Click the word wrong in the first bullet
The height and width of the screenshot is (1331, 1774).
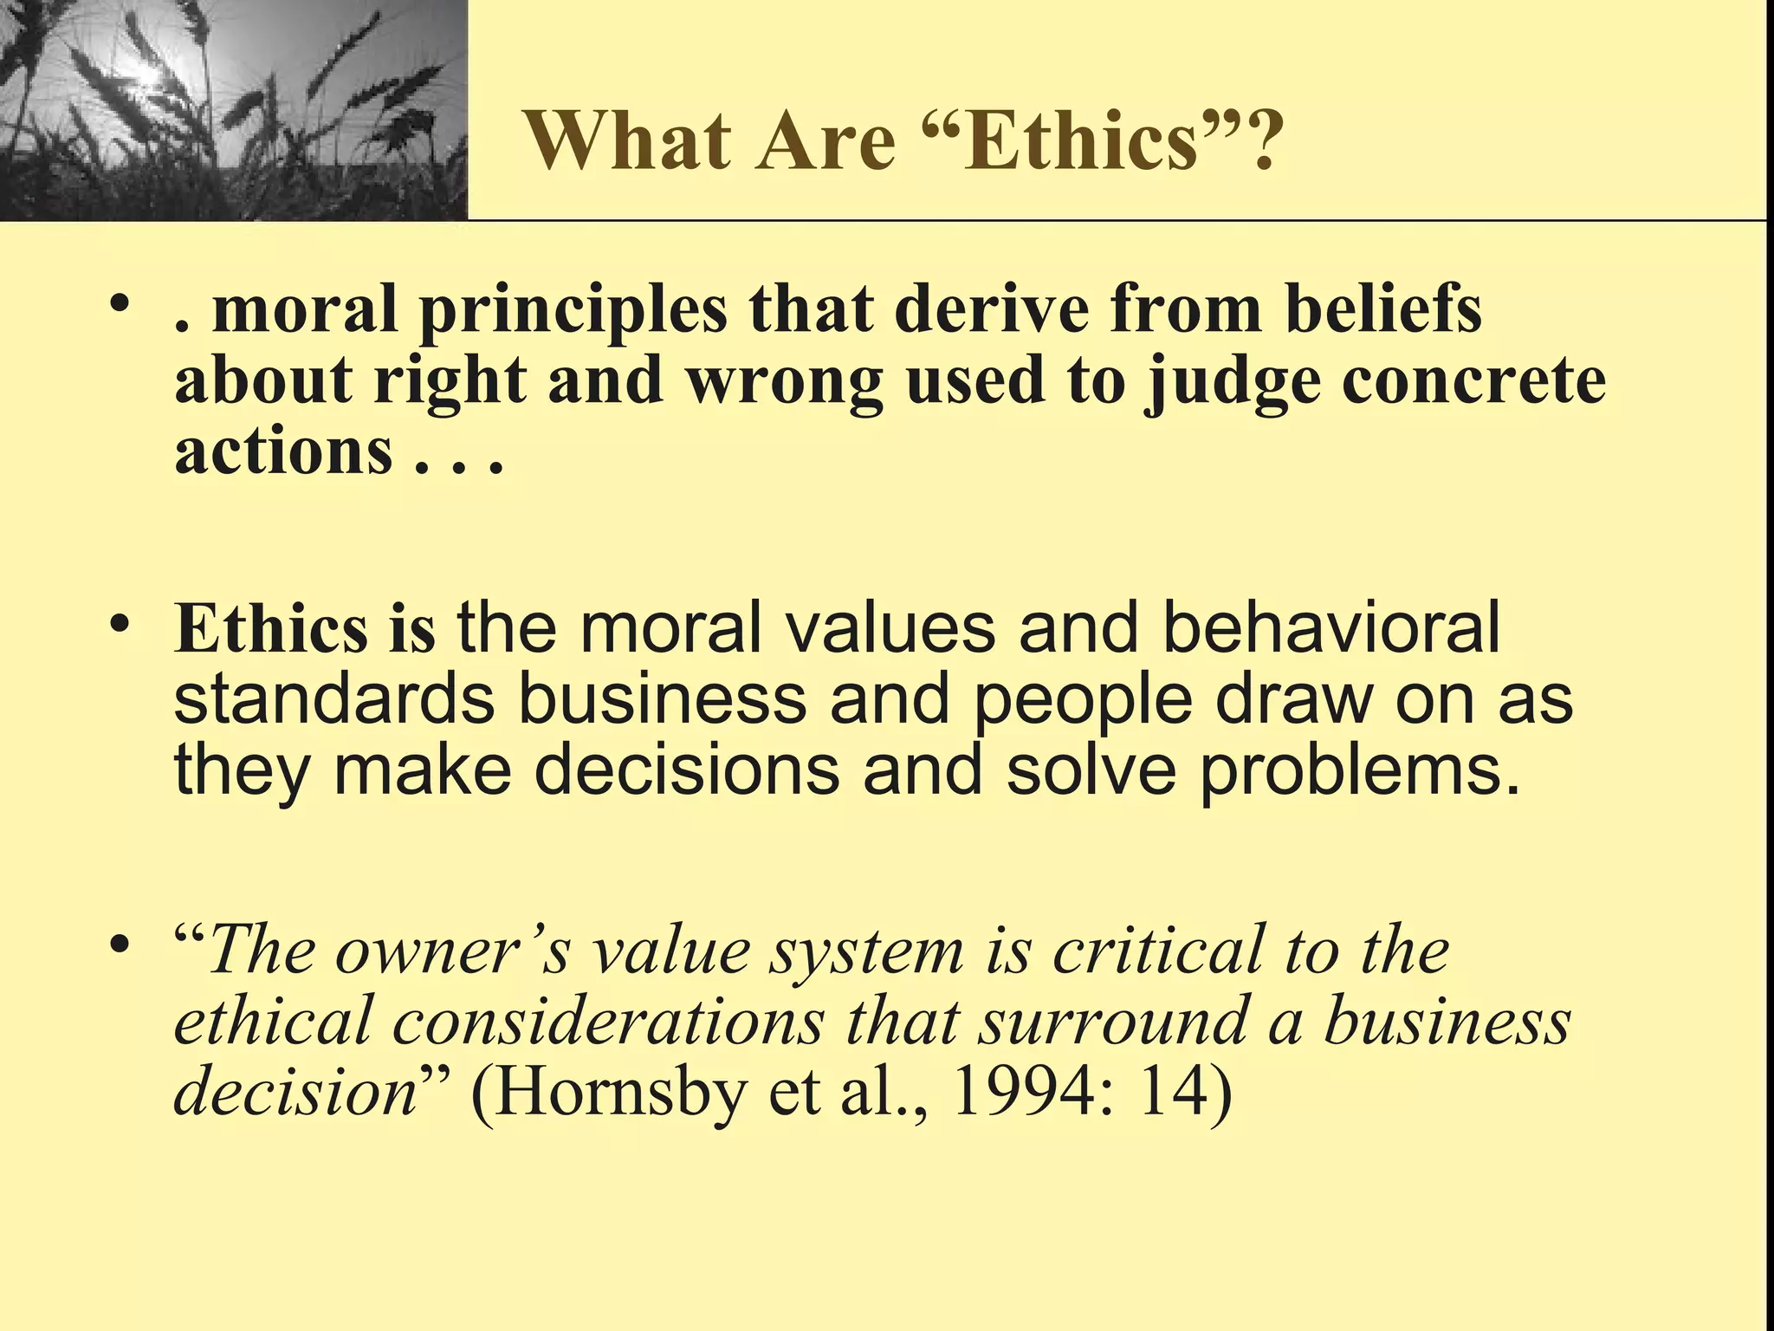click(x=784, y=381)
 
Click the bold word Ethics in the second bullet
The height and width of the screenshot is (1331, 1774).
click(x=270, y=627)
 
